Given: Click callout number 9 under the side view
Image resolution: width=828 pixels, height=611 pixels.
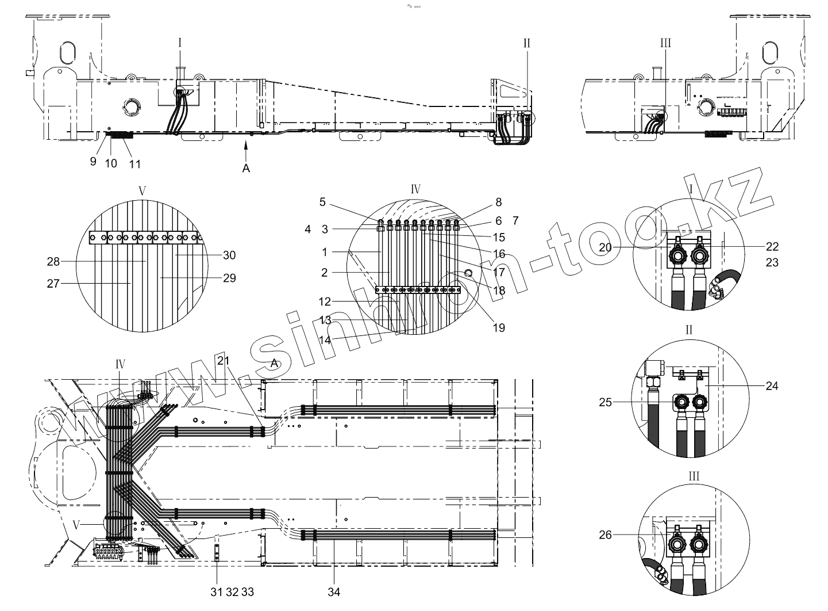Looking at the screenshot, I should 93,162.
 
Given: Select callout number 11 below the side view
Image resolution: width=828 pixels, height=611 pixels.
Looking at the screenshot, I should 134,163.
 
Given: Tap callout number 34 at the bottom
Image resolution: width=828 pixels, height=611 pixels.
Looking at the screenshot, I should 334,591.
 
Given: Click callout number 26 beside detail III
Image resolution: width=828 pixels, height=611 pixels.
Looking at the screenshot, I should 606,535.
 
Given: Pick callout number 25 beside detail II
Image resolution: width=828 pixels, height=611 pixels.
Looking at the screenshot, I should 606,402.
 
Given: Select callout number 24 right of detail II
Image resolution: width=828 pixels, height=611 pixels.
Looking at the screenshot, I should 772,385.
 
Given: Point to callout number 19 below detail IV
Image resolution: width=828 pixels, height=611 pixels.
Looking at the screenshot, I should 499,327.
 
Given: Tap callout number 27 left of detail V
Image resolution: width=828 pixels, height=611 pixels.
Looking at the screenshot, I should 54,282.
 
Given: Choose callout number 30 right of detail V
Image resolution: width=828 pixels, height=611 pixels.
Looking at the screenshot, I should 229,255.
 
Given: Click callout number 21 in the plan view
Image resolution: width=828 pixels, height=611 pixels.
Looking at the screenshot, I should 224,360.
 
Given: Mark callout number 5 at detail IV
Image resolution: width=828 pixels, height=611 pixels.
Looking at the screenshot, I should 322,202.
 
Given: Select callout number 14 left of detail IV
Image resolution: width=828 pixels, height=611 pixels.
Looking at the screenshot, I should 325,340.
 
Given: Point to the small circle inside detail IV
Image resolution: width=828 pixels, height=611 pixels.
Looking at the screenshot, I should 468,272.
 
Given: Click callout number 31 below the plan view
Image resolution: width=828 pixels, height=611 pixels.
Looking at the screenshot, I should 217,591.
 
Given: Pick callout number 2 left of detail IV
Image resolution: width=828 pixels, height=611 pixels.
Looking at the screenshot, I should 325,272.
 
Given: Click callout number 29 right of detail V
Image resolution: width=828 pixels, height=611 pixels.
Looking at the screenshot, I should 229,278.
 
